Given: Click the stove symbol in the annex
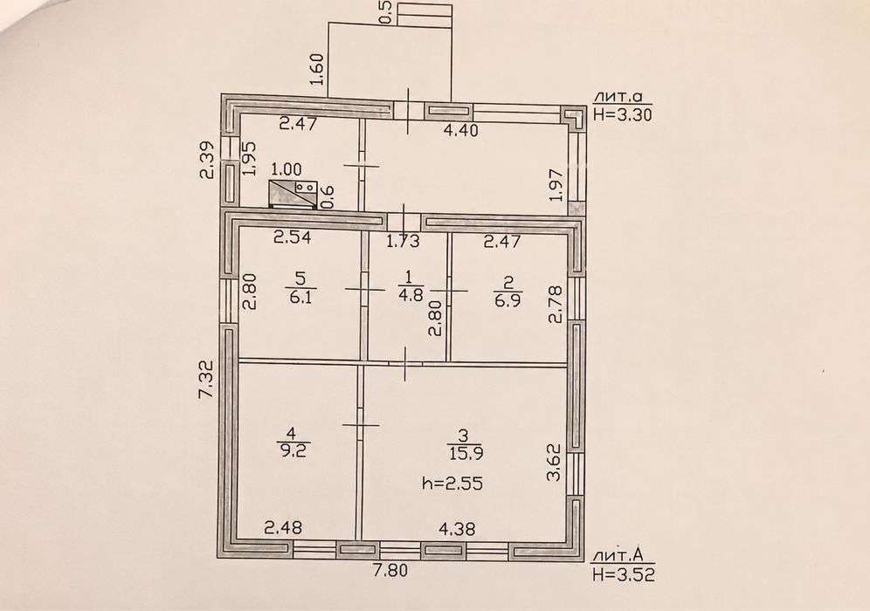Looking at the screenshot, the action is click(x=293, y=194).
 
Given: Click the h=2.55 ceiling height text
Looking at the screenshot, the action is click(x=452, y=484).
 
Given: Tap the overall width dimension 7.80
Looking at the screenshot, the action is click(x=390, y=570).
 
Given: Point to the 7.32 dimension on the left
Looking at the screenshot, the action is click(x=206, y=379).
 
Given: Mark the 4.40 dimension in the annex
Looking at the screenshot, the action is click(x=460, y=131).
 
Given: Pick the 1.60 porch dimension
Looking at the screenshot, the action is click(x=318, y=69).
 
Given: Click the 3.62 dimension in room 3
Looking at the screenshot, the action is click(x=555, y=463).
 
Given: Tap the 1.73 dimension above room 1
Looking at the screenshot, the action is click(x=403, y=241).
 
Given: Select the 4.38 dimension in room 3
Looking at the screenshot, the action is click(x=457, y=530).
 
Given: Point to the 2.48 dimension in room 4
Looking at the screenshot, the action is click(x=283, y=527).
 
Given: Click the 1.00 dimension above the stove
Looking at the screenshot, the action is click(x=287, y=169).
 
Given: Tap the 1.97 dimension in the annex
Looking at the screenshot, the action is click(x=557, y=184).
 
